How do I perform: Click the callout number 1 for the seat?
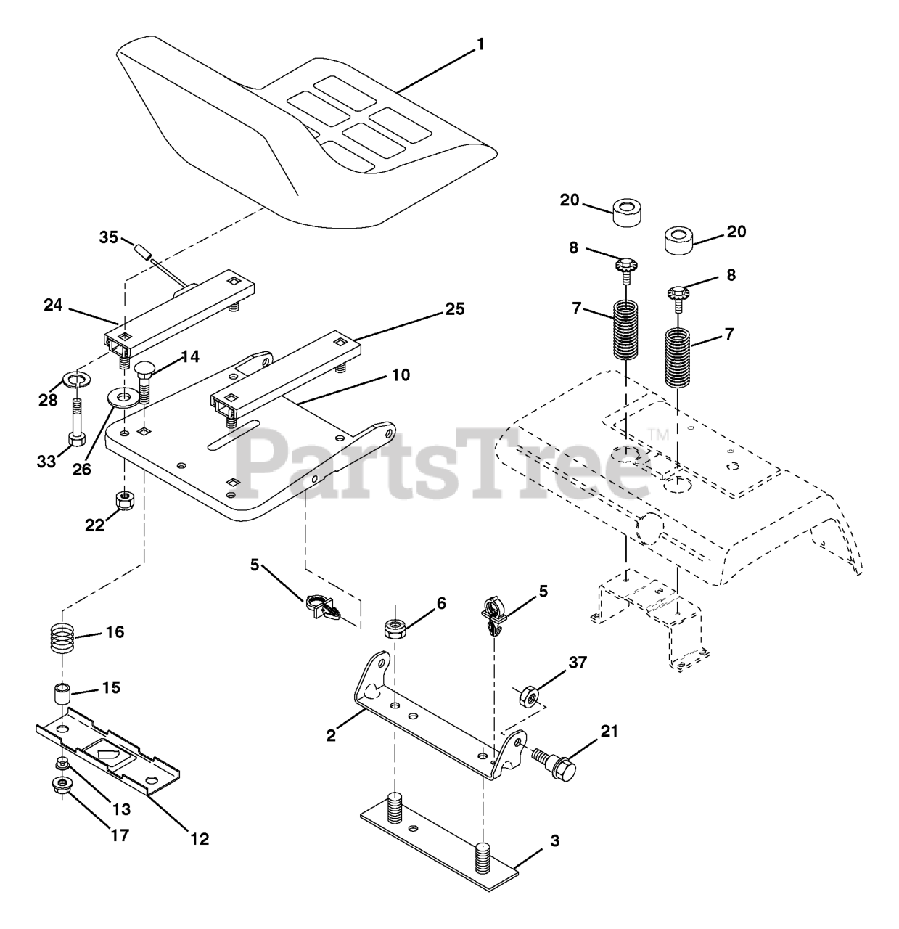[x=479, y=45]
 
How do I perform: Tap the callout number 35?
[x=108, y=237]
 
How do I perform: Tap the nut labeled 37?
[x=530, y=697]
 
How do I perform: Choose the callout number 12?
[x=199, y=839]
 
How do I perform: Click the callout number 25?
[x=455, y=309]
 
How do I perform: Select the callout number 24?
[x=53, y=306]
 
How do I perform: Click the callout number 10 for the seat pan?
[x=401, y=375]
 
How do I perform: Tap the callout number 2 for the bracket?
[x=331, y=735]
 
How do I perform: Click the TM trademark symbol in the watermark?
[x=657, y=435]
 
